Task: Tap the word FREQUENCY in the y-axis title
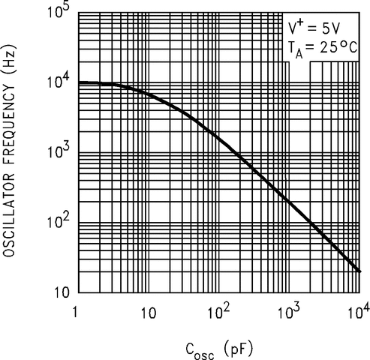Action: [14, 123]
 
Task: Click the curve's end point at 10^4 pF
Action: [361, 271]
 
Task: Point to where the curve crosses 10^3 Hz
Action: [233, 153]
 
